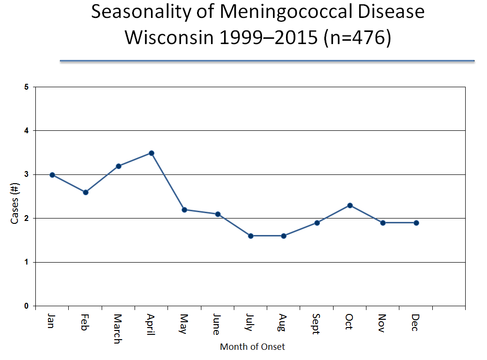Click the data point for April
click(x=152, y=153)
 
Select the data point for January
click(x=52, y=175)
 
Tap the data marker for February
click(x=86, y=192)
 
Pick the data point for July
click(x=251, y=236)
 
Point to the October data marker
click(x=350, y=205)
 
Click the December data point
click(x=416, y=223)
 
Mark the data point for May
click(x=185, y=210)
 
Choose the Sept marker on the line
click(x=317, y=223)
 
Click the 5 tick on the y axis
click(x=27, y=87)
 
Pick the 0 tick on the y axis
click(x=27, y=306)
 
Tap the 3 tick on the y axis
click(x=27, y=174)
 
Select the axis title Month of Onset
click(x=252, y=347)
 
